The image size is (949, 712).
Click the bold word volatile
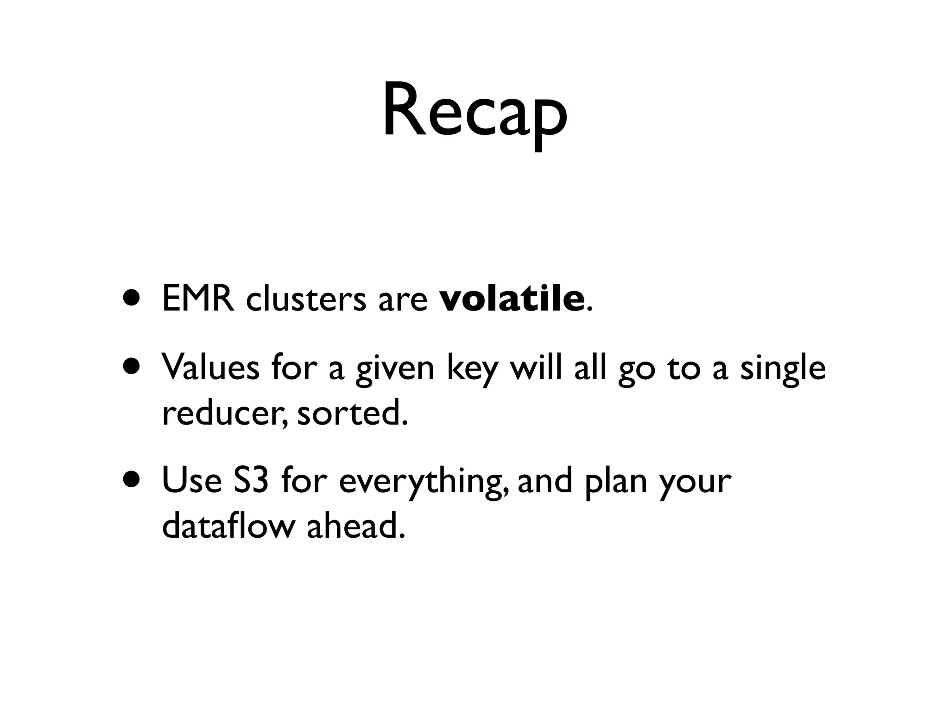(x=512, y=299)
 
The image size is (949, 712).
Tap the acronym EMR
(x=198, y=299)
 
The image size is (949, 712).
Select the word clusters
(x=306, y=299)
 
